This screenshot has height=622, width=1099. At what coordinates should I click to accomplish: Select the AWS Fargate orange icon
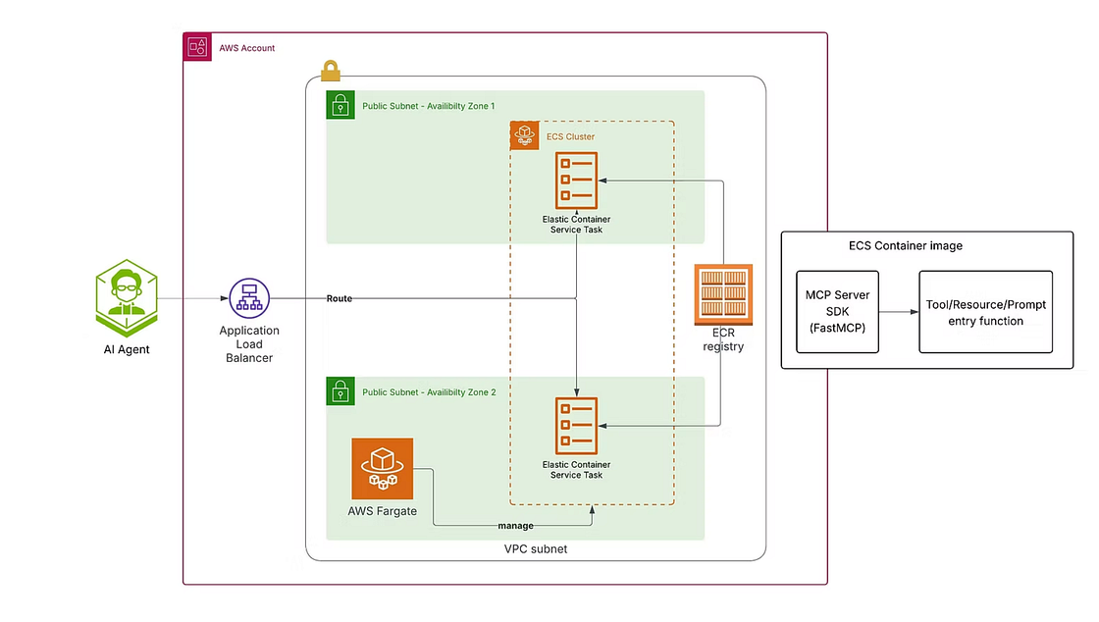tap(383, 468)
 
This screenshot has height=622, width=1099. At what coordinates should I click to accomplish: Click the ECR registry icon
tap(723, 295)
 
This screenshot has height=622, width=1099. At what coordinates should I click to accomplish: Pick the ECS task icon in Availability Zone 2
tap(576, 426)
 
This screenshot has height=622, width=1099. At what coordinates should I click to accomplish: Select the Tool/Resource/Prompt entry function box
tap(985, 312)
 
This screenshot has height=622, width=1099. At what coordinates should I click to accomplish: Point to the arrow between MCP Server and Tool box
tap(897, 312)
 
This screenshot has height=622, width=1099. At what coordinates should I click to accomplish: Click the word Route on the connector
tap(340, 298)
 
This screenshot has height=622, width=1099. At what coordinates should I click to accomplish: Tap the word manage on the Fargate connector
tap(515, 526)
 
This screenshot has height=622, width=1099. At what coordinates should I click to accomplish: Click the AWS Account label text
tap(246, 48)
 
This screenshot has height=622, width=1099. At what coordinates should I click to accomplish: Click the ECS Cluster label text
tap(570, 136)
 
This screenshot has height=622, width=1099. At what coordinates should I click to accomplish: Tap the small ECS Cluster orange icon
tap(525, 135)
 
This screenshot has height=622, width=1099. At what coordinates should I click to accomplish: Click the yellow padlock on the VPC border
tap(331, 71)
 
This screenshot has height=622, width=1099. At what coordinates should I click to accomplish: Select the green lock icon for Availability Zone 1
tap(340, 105)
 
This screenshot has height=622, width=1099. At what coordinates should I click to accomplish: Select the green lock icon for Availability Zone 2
tap(340, 391)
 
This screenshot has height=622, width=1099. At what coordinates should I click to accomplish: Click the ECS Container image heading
tap(905, 246)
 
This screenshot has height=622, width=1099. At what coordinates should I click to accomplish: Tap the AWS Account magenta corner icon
tap(197, 47)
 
